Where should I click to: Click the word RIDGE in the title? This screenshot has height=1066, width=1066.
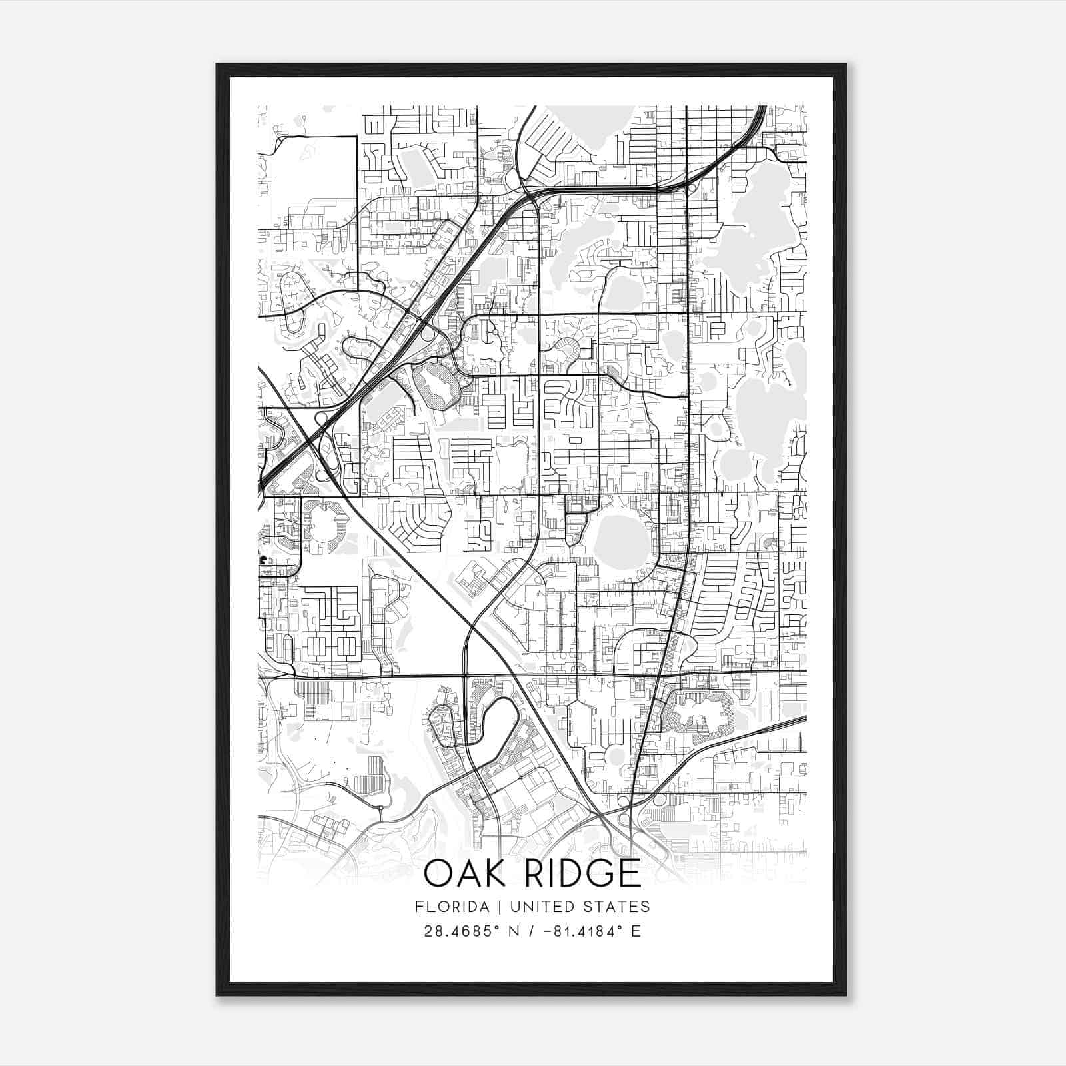click(583, 873)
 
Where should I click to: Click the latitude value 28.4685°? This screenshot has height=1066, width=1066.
click(462, 931)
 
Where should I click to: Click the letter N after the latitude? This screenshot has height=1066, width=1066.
click(514, 931)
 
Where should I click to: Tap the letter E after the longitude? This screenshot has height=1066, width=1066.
click(636, 931)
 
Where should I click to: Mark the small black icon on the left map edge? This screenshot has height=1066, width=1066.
click(263, 560)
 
